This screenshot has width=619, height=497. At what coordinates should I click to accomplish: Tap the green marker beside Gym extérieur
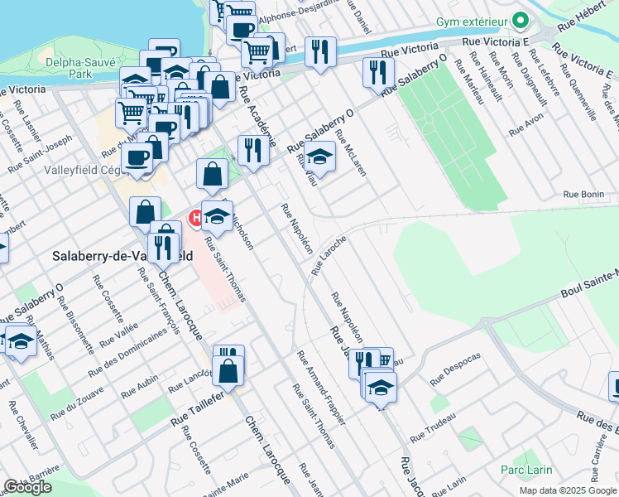point(521,18)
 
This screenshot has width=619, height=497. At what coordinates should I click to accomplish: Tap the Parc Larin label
point(526,470)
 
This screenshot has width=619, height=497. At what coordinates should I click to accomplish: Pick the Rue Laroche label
point(329,254)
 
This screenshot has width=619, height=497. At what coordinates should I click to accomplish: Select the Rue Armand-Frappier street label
point(321,388)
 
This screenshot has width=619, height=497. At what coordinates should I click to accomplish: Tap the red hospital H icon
point(197,219)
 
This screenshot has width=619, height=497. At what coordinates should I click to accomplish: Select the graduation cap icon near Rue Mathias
point(20,340)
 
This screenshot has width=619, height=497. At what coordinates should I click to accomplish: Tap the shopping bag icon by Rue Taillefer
point(228,371)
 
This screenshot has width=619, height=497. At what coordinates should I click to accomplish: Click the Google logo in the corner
point(28,487)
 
